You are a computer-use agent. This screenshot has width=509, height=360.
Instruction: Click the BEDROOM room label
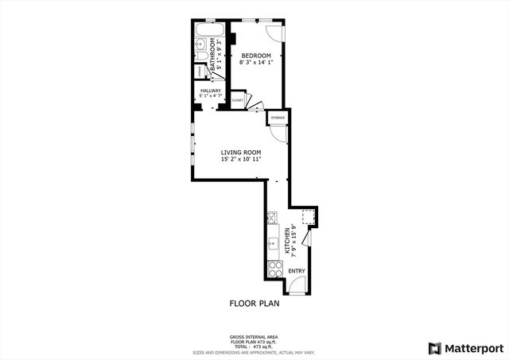pos(255,55)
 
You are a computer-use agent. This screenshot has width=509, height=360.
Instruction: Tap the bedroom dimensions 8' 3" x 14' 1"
pos(255,62)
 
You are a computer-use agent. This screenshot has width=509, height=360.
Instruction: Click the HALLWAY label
pos(211,91)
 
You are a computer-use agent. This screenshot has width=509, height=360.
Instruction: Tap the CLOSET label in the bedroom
pos(237,101)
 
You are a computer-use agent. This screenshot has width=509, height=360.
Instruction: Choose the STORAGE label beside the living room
pos(278,118)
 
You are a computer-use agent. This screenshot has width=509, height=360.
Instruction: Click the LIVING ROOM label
pos(240,153)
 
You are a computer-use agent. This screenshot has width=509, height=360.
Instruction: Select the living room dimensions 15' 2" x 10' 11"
pos(240,160)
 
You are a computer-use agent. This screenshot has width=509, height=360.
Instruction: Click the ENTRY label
pos(296,271)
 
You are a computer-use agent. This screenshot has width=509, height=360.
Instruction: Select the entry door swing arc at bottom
pos(296,288)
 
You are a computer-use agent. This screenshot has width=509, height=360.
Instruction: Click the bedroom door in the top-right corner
pos(273,32)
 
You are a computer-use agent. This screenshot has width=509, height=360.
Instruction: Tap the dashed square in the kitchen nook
pos(308,217)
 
